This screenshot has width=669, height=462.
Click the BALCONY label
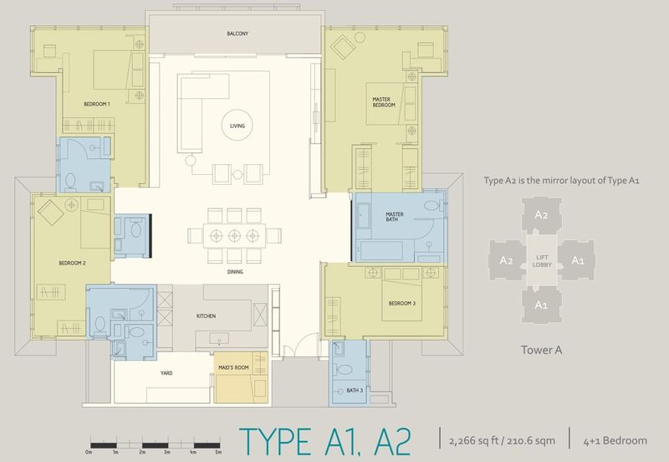pyautogui.click(x=237, y=33)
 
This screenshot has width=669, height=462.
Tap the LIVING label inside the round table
pyautogui.click(x=237, y=127)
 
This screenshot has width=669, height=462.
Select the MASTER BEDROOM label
pyautogui.click(x=384, y=102)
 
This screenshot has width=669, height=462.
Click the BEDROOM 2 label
pyautogui.click(x=72, y=263)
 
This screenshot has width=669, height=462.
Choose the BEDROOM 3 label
pyautogui.click(x=401, y=303)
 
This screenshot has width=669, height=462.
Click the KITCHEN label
pyautogui.click(x=207, y=316)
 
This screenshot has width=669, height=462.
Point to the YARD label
pyautogui.click(x=166, y=374)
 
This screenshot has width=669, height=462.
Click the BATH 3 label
pyautogui.click(x=343, y=390)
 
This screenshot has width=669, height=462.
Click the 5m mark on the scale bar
pyautogui.click(x=218, y=452)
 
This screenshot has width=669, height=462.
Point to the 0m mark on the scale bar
pyautogui.click(x=88, y=452)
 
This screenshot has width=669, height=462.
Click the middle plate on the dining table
pyautogui.click(x=235, y=234)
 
